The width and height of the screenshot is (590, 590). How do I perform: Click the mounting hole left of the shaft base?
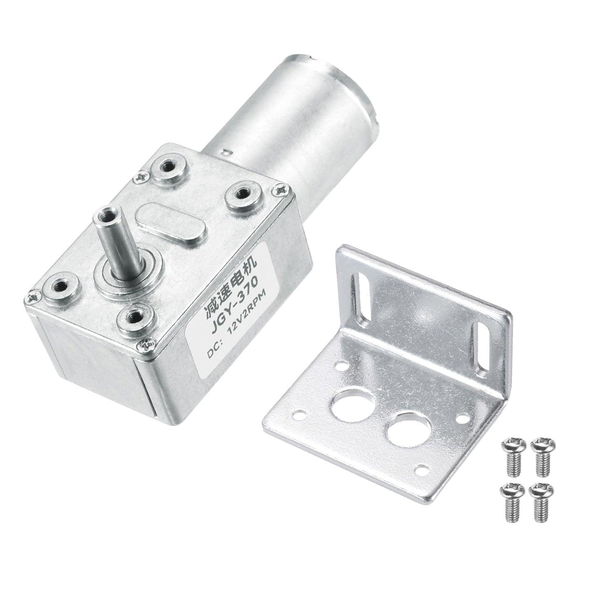[x=61, y=284]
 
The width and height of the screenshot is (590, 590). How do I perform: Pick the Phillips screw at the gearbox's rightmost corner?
[x=281, y=189]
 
